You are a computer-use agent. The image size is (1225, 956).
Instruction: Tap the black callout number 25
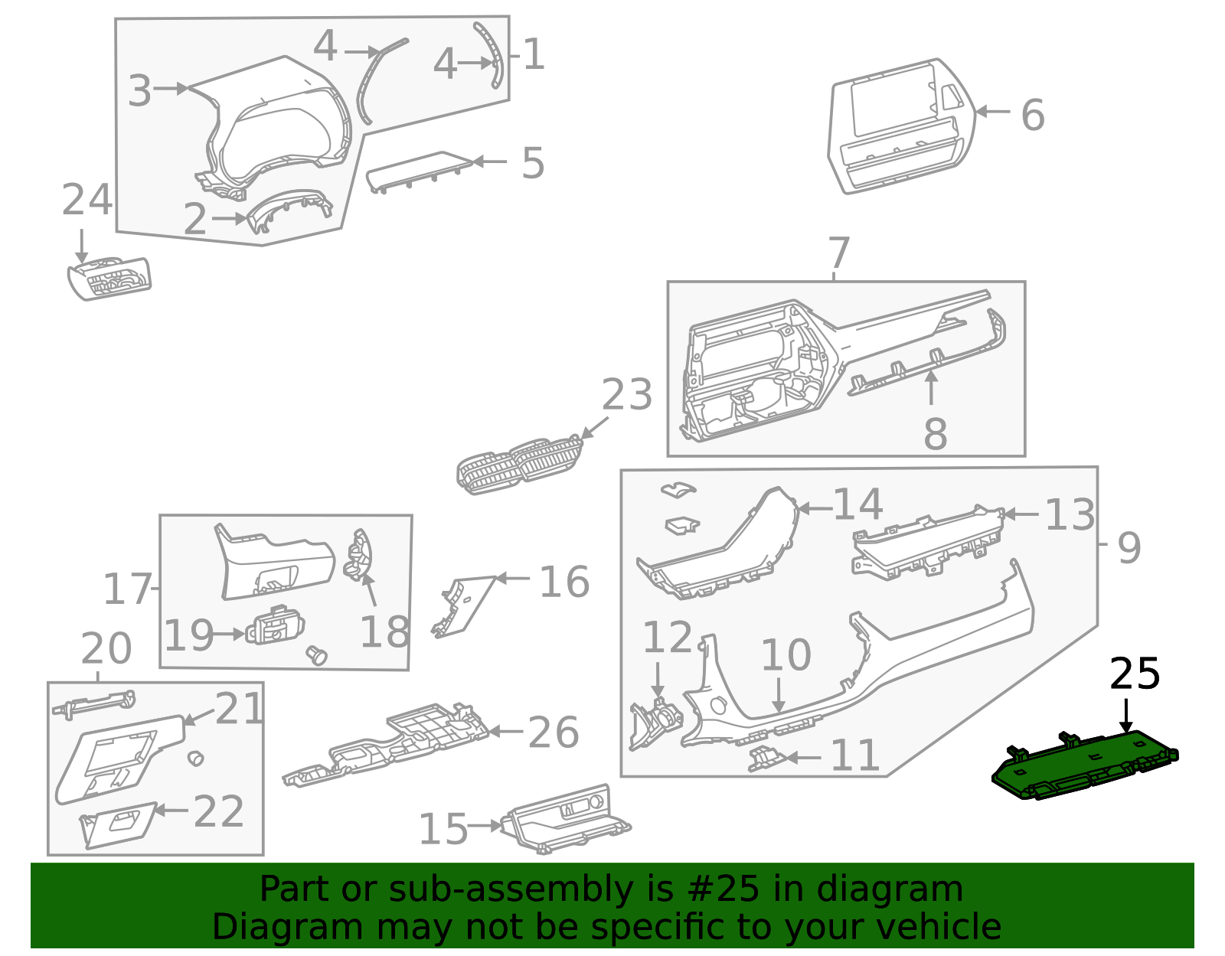pos(1135,674)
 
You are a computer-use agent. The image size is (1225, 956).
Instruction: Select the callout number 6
pos(1033,115)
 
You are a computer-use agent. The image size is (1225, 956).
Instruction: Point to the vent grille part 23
pos(521,465)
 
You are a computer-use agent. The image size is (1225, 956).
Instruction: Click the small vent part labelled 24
pos(109,279)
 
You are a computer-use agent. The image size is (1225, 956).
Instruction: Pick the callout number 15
pos(443,830)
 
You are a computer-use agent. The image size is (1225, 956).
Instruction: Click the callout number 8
pos(935,434)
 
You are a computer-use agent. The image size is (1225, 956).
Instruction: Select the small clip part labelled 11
pos(766,759)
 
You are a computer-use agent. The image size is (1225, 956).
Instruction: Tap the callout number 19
pos(188,635)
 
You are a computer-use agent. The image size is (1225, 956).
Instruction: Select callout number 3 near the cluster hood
pos(139,90)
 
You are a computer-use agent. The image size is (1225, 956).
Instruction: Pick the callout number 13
pos(1070,514)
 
